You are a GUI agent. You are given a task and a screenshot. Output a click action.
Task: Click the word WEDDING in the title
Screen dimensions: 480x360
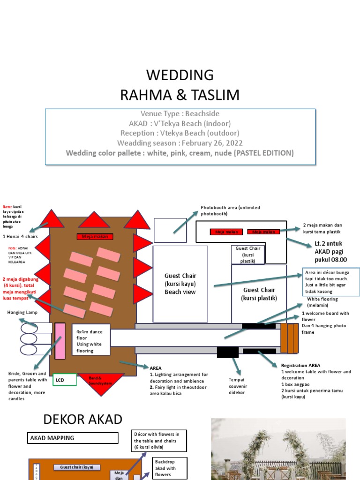[180, 75]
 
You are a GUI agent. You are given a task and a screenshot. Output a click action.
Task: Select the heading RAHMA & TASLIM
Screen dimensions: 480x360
[180, 95]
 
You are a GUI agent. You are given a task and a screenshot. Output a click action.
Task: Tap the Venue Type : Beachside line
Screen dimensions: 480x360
[180, 114]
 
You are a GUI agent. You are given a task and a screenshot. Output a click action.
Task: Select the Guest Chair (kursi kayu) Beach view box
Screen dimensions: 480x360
[180, 284]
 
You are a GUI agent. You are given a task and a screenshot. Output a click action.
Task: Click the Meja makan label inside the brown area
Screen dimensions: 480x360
[95, 237]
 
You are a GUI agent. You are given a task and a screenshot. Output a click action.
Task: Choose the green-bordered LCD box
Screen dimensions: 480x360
[64, 380]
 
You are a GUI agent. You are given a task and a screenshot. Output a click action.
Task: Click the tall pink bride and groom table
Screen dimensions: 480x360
[60, 341]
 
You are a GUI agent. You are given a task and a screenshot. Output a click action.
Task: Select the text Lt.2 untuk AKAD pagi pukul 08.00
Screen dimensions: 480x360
[330, 252]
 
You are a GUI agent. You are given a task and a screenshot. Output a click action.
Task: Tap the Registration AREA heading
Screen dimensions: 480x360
[300, 365]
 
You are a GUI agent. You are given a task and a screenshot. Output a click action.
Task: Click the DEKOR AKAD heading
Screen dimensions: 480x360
[83, 420]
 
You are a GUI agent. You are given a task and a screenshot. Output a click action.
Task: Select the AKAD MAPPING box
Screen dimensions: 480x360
[73, 438]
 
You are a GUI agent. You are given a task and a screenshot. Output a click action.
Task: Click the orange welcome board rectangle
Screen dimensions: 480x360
[289, 338]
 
